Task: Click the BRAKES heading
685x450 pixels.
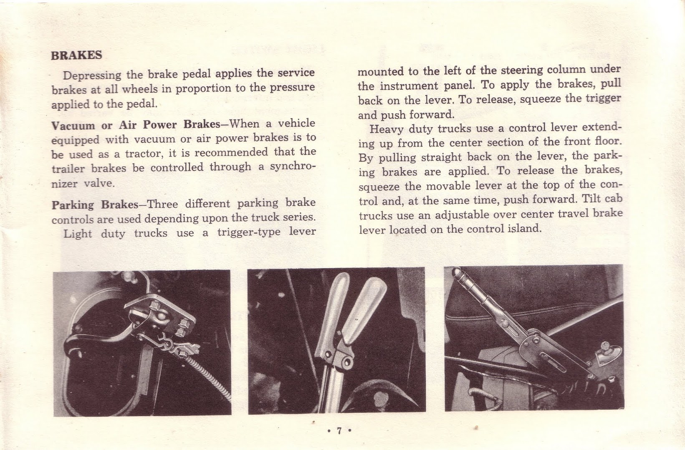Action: click(76, 55)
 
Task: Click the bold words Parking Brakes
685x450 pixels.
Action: click(94, 205)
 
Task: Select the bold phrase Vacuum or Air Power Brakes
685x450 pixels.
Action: click(136, 124)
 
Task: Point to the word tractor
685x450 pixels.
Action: click(138, 153)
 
